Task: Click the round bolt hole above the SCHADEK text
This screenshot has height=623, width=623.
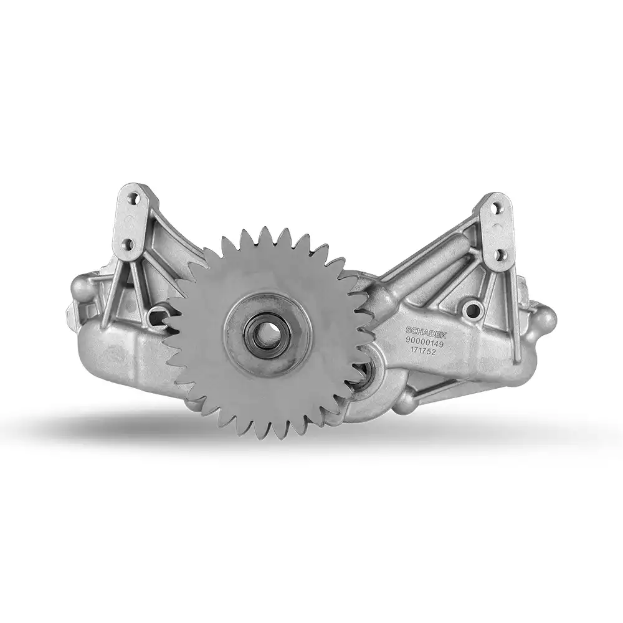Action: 472,308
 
